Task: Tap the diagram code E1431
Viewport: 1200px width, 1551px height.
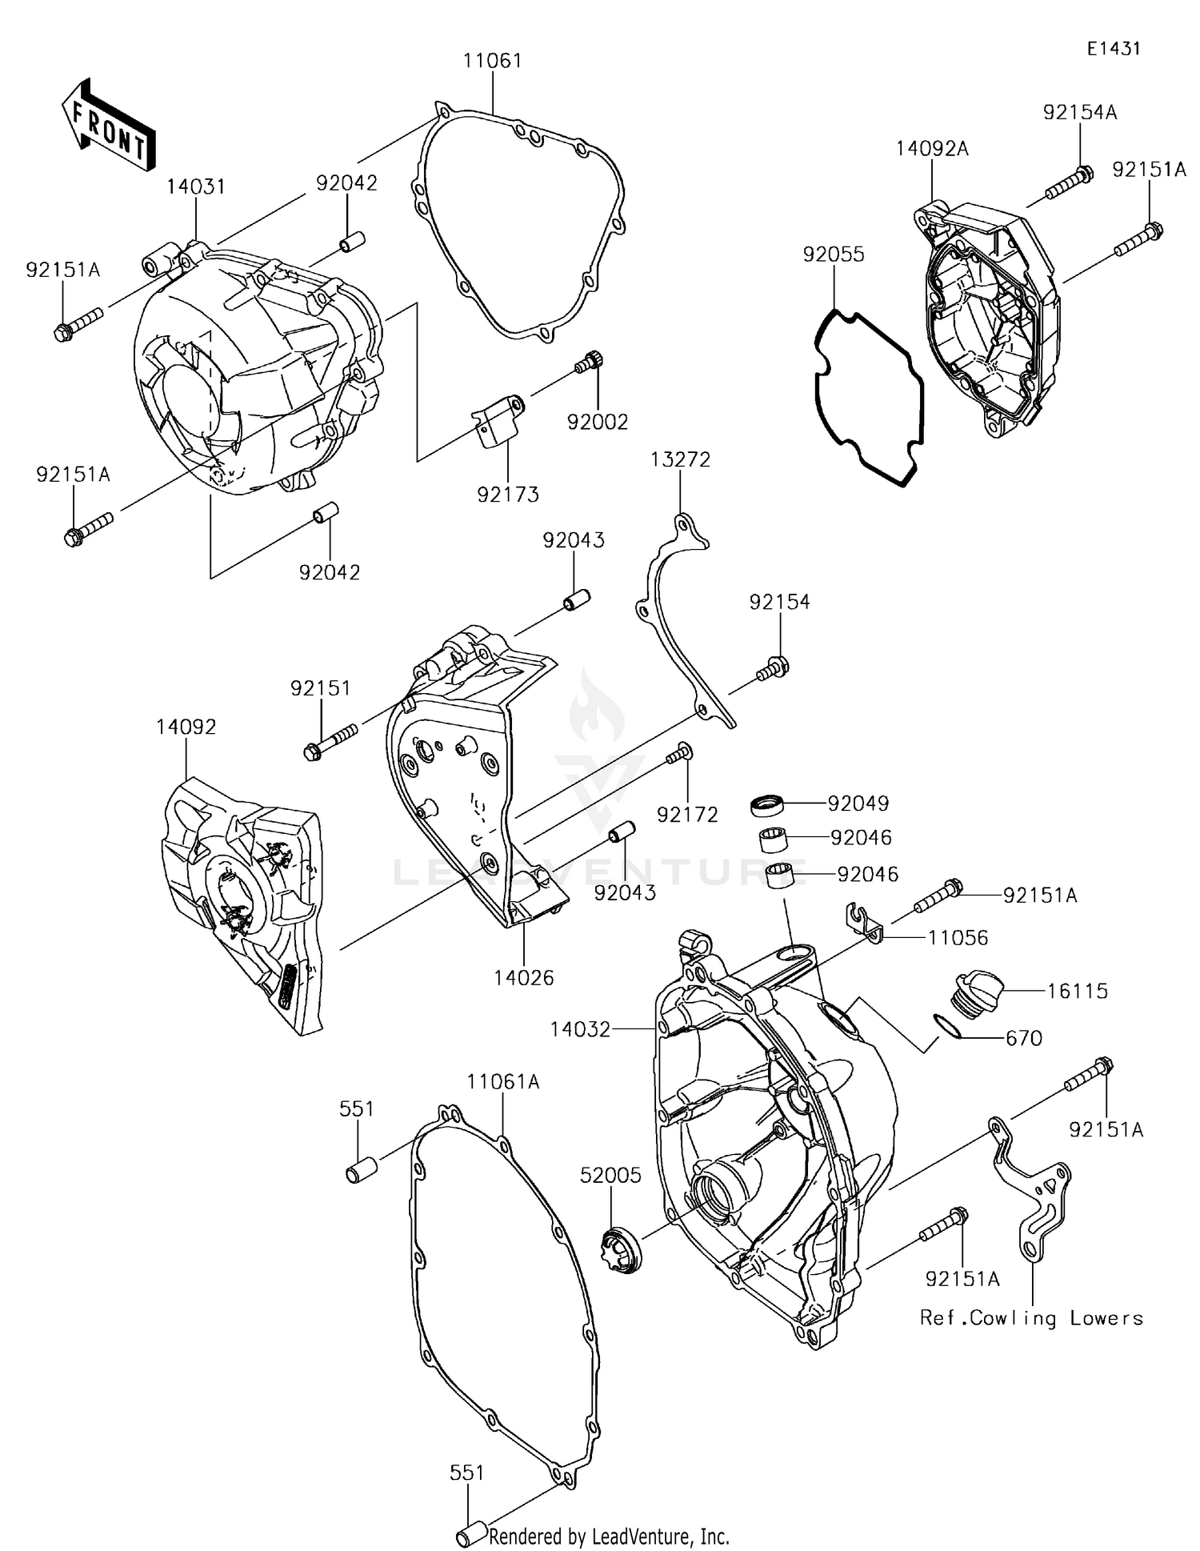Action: pyautogui.click(x=1113, y=49)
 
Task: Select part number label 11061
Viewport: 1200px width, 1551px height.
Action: pyautogui.click(x=492, y=61)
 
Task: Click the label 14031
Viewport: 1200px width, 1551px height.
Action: pyautogui.click(x=195, y=186)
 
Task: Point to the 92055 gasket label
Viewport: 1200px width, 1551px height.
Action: pyautogui.click(x=833, y=254)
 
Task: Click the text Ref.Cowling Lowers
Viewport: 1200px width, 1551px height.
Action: pyautogui.click(x=1031, y=1318)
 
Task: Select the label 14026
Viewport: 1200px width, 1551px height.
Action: pyautogui.click(x=523, y=977)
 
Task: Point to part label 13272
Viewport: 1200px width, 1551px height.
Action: pyautogui.click(x=680, y=460)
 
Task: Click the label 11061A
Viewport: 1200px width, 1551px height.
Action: pyautogui.click(x=503, y=1082)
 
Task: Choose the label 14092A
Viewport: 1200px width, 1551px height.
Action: pyautogui.click(x=931, y=149)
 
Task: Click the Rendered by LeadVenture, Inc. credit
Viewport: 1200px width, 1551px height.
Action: pyautogui.click(x=609, y=1537)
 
